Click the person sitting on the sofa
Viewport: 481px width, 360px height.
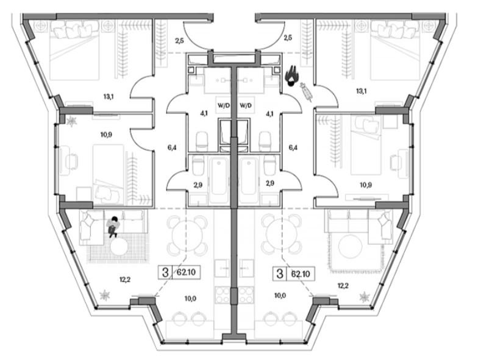[x=113, y=227]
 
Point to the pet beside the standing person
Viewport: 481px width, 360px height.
[x=307, y=91]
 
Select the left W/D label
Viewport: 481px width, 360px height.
[x=224, y=106]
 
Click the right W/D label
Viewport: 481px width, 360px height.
[x=246, y=106]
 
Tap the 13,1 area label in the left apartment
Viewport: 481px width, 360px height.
[x=109, y=97]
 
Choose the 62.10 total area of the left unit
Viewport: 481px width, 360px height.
[x=186, y=272]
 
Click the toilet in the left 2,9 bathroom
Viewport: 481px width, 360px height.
[x=198, y=166]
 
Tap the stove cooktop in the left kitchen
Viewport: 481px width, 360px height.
[x=222, y=295]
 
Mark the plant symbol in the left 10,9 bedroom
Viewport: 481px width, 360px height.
[x=71, y=121]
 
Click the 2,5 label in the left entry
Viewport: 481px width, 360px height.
[x=179, y=40]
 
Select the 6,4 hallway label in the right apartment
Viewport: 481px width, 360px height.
[x=293, y=147]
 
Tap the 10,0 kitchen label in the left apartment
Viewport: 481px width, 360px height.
[x=190, y=298]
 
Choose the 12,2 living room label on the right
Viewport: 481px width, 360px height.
[x=343, y=286]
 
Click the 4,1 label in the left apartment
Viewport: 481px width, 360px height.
[x=204, y=114]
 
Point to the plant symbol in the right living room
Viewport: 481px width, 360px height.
[x=365, y=297]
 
